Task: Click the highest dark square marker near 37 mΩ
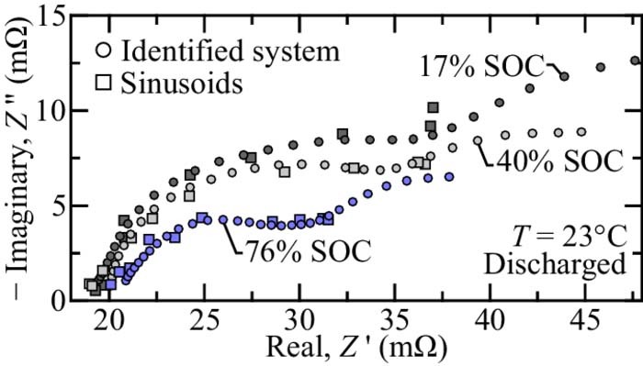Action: (x=433, y=107)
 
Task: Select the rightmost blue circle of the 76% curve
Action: (x=449, y=176)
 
